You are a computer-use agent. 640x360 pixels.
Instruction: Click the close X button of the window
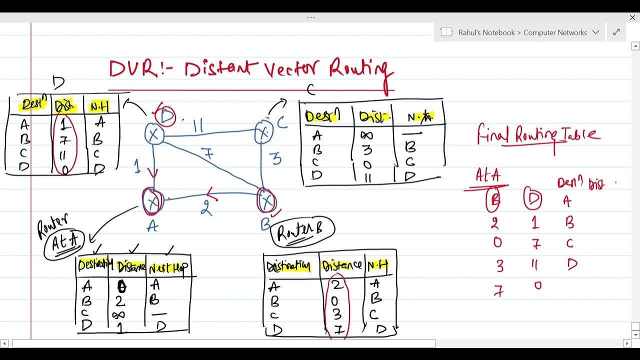tap(632, 17)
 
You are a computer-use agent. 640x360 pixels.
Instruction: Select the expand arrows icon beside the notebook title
tap(616, 32)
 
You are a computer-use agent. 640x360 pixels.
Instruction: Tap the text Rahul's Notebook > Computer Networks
tap(522, 32)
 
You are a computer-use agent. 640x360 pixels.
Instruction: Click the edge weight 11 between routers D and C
tap(198, 125)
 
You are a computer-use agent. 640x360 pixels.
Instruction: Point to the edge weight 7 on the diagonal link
tap(208, 153)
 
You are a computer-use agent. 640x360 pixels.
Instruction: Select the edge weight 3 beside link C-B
tap(276, 159)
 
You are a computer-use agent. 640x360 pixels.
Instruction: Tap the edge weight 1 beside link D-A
tap(137, 166)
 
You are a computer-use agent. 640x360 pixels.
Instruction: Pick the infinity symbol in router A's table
tap(119, 315)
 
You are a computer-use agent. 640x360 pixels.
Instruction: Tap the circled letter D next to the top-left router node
tap(166, 117)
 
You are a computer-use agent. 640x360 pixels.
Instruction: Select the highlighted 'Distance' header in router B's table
tap(342, 265)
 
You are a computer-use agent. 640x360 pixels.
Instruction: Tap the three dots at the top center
tap(311, 17)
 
